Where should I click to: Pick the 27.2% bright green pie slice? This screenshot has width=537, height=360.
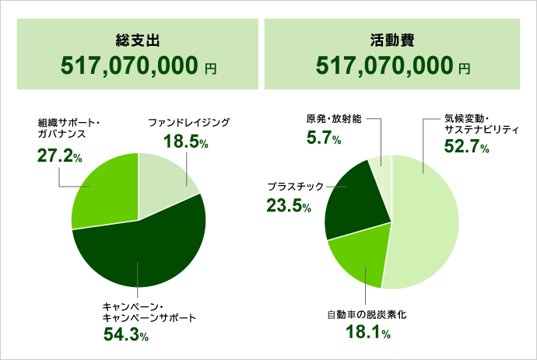(x=101, y=190)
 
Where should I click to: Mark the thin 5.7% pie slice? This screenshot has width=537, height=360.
(x=382, y=171)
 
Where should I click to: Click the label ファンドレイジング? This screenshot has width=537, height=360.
(x=189, y=123)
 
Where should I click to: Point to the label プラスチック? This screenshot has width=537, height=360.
(x=300, y=187)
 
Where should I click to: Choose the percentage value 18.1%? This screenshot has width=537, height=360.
(x=366, y=334)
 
